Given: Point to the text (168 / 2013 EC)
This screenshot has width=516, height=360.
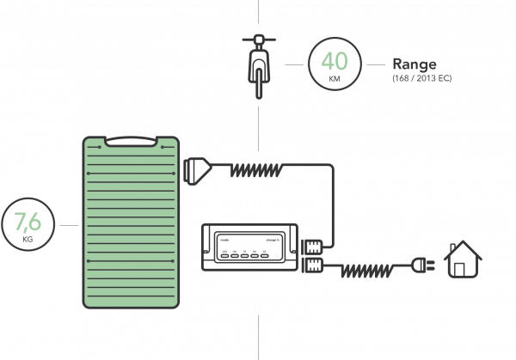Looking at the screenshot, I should pos(421,78).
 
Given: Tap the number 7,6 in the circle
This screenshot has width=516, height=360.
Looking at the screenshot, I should pos(28,223).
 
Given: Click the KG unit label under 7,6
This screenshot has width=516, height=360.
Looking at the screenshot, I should pos(28,241).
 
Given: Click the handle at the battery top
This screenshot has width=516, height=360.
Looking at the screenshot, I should pos(132,141).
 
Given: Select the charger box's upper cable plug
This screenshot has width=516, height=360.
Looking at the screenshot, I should pos(312,244).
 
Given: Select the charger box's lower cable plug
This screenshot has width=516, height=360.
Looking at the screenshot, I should pos(312,263).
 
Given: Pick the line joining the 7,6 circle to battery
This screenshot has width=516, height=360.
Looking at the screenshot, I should pos(70,226).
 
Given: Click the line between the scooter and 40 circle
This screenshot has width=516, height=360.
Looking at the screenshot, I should pos(292,64).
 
